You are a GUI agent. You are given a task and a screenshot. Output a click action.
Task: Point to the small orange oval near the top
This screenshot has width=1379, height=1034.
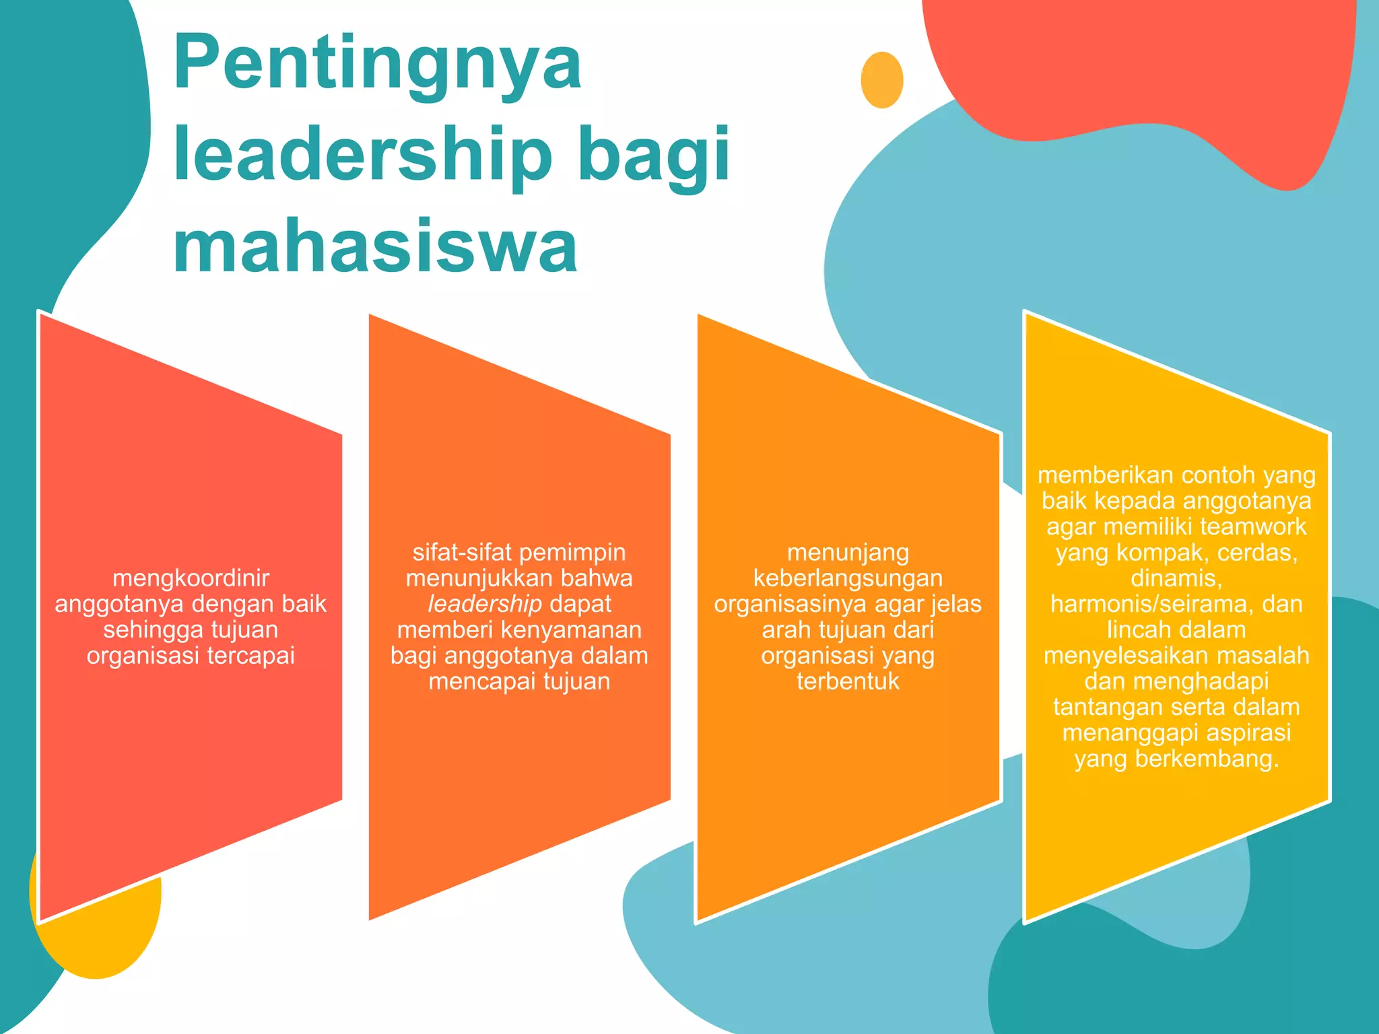[x=882, y=79]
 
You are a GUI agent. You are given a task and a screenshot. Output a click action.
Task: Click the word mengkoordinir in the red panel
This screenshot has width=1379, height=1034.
[x=191, y=578]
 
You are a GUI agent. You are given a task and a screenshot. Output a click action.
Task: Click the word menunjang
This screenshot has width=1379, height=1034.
[x=848, y=552]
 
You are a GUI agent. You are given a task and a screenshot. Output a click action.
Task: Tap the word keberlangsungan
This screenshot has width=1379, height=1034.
[x=848, y=578]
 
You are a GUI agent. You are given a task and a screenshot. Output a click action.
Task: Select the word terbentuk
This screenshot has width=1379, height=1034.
[x=848, y=681]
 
